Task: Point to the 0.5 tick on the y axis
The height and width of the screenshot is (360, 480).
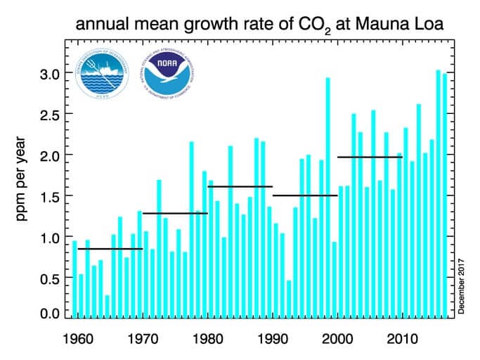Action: [48, 278]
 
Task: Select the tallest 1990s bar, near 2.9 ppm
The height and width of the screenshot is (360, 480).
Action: [327, 197]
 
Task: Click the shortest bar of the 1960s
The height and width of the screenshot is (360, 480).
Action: [107, 306]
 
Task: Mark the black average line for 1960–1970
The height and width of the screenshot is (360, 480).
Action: [110, 248]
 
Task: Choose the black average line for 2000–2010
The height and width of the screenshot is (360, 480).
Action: [370, 157]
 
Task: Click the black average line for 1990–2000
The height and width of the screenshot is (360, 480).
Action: [305, 195]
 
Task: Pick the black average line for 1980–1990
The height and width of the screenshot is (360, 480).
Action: [240, 186]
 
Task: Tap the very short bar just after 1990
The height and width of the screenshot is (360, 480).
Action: [289, 299]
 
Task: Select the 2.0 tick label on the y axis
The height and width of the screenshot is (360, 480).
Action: [48, 155]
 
